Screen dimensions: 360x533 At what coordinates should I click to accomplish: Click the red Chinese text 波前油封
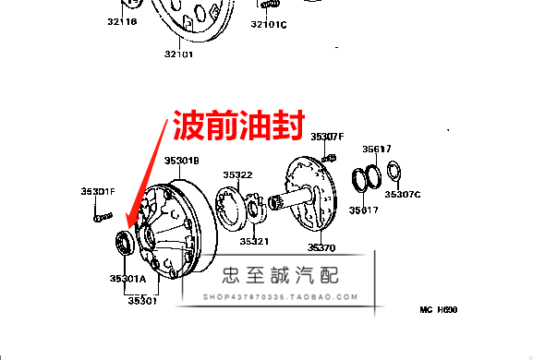tap(235, 126)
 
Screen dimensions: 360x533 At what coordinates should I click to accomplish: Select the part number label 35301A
tap(127, 278)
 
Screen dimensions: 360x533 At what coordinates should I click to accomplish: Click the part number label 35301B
tap(182, 161)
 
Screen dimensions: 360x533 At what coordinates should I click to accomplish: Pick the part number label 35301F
tap(97, 191)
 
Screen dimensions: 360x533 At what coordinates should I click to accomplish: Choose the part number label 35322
tap(237, 174)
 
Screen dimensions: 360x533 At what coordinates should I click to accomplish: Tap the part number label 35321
tap(254, 242)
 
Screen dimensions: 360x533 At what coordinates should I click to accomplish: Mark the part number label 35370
tap(321, 247)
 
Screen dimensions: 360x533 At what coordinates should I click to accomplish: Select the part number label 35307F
tap(326, 137)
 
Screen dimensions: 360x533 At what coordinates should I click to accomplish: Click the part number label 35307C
tap(403, 195)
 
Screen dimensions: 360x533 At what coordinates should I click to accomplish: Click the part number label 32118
tap(121, 20)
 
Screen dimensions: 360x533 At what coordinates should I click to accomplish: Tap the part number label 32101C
tap(271, 24)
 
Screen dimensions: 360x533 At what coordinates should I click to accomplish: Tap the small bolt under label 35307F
tap(329, 158)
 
